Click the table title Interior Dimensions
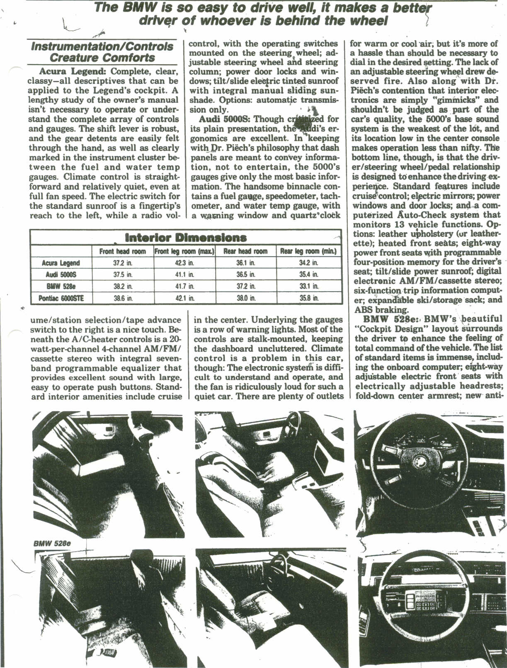185,238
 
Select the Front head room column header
122,251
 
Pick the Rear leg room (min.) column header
308,251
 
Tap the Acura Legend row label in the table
61,263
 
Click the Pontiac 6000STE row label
61,298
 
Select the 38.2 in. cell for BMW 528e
122,286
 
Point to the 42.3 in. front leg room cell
184,263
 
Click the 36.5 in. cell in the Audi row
246,274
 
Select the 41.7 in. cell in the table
184,286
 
